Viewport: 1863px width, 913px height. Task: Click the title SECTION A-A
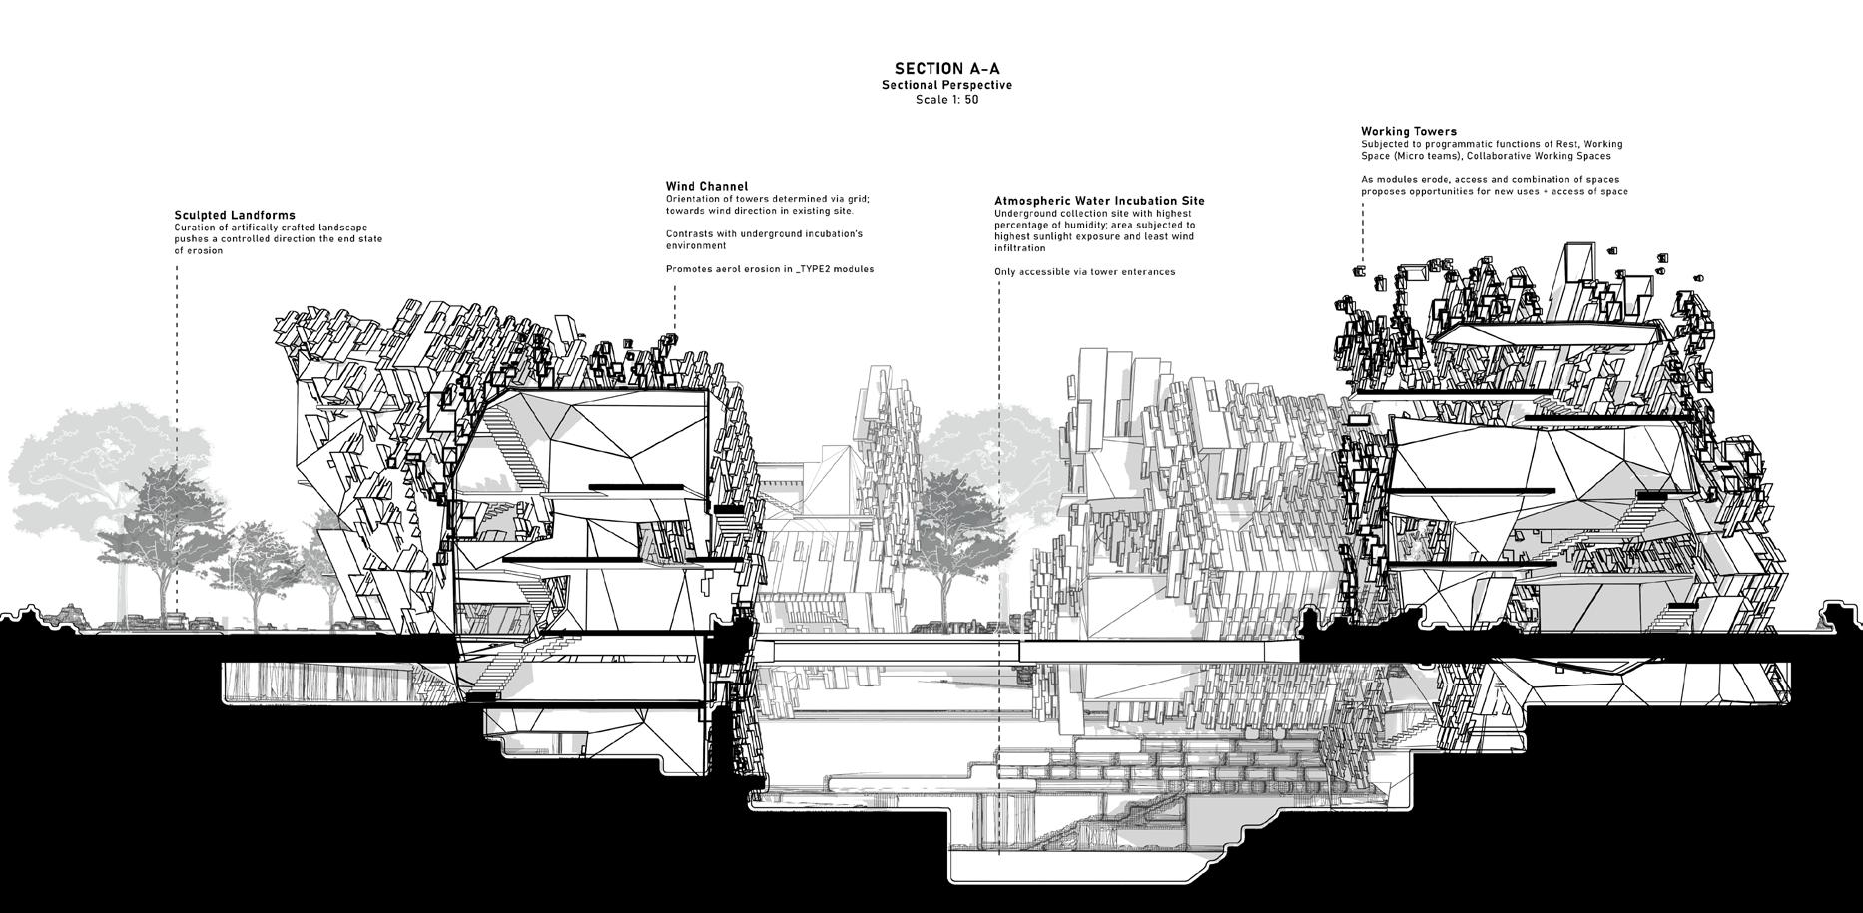point(946,69)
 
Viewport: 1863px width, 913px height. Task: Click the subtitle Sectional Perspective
point(946,86)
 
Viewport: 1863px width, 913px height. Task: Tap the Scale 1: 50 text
point(946,100)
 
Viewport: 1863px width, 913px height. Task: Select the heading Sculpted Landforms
point(235,215)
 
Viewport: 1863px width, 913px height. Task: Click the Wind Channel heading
point(707,186)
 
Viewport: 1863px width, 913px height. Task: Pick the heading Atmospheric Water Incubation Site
point(1099,201)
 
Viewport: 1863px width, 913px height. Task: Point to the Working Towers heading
point(1395,131)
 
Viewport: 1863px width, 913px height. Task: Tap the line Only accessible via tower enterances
point(1084,272)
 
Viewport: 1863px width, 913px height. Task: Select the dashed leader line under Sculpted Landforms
point(178,399)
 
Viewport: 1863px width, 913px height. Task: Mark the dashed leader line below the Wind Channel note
point(675,309)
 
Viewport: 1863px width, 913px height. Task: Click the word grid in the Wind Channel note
point(856,199)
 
